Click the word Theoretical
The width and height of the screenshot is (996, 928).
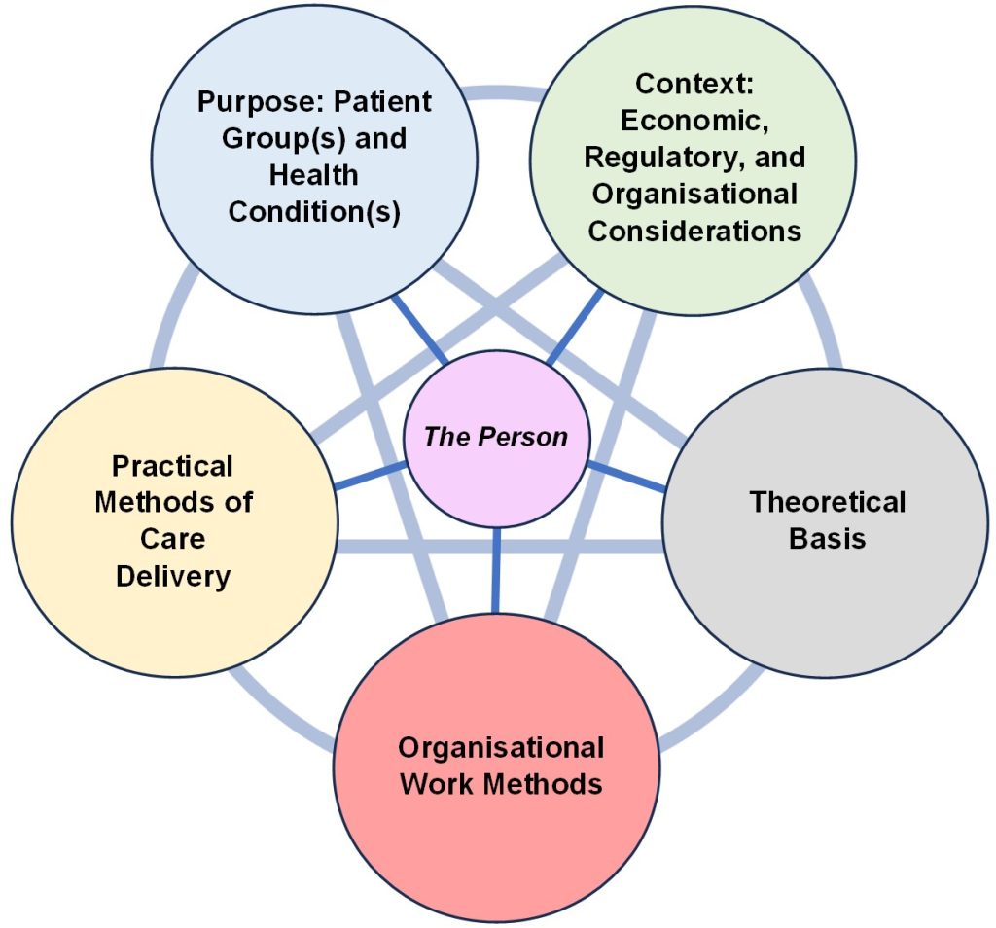(x=827, y=502)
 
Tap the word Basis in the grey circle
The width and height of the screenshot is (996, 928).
(x=827, y=539)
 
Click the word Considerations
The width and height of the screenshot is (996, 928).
(x=694, y=232)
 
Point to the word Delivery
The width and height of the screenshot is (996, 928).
(x=173, y=576)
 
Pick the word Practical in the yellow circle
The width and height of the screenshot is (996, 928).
(x=173, y=466)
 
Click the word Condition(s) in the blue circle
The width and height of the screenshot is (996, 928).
(x=314, y=212)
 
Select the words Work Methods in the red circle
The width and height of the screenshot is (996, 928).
(x=500, y=783)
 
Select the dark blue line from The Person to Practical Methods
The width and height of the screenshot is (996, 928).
(x=371, y=476)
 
